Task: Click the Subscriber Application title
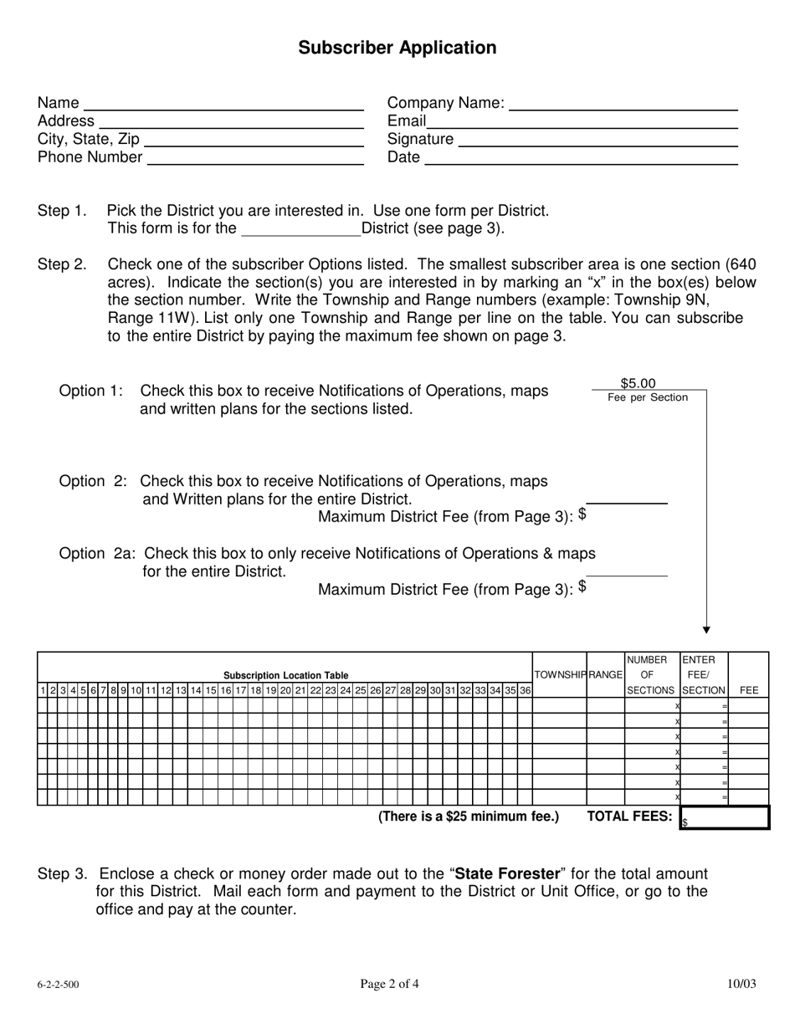pyautogui.click(x=397, y=48)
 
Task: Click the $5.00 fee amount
pyautogui.click(x=638, y=383)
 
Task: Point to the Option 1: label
pyautogui.click(x=91, y=391)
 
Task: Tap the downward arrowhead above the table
pyautogui.click(x=706, y=629)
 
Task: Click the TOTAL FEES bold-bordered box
pyautogui.click(x=725, y=817)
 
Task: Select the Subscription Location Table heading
pyautogui.click(x=285, y=675)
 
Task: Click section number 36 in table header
pyautogui.click(x=525, y=690)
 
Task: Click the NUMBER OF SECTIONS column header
pyautogui.click(x=651, y=675)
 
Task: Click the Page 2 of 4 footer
pyautogui.click(x=390, y=984)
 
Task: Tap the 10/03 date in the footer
pyautogui.click(x=741, y=984)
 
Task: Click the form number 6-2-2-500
pyautogui.click(x=59, y=985)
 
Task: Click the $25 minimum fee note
pyautogui.click(x=469, y=817)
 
